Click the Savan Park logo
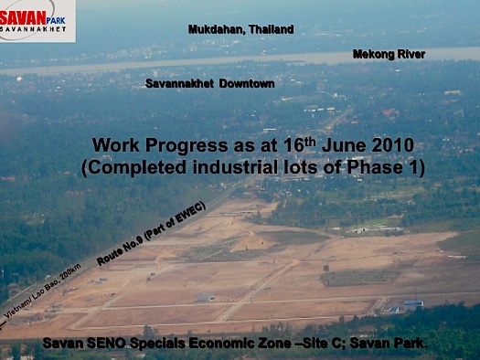point(37,19)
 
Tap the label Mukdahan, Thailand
point(240,29)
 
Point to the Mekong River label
point(389,55)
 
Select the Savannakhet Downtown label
point(209,83)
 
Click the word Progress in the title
point(184,145)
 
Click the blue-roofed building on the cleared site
point(413,303)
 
